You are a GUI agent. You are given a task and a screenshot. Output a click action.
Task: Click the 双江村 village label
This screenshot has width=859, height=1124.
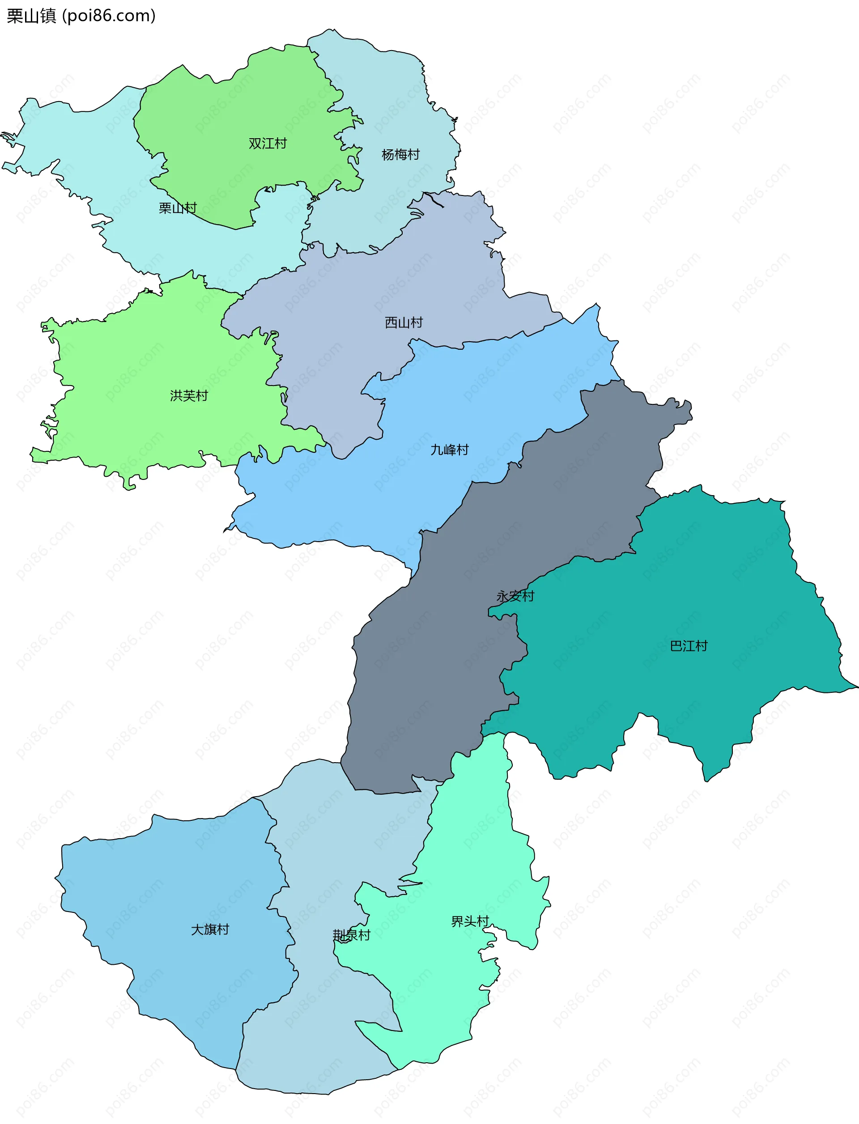coord(268,144)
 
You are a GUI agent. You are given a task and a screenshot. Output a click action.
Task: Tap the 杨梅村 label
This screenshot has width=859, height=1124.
coord(400,154)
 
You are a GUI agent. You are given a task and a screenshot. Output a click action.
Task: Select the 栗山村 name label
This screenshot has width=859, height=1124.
coord(178,208)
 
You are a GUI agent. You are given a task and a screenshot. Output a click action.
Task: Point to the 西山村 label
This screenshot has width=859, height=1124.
coord(404,322)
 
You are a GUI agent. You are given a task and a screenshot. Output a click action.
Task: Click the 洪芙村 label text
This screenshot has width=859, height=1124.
coord(189,396)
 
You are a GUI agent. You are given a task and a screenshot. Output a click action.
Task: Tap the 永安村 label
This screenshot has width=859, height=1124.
coord(515,596)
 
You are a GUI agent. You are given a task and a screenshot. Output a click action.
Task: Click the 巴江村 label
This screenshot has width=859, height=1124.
coord(689,646)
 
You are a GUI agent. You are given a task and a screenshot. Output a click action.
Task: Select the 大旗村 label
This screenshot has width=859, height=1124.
coord(210,929)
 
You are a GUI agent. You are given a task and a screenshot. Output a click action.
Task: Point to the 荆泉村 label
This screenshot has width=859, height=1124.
coord(351,935)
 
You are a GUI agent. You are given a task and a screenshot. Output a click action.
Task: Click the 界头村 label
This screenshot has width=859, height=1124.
coord(470,921)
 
